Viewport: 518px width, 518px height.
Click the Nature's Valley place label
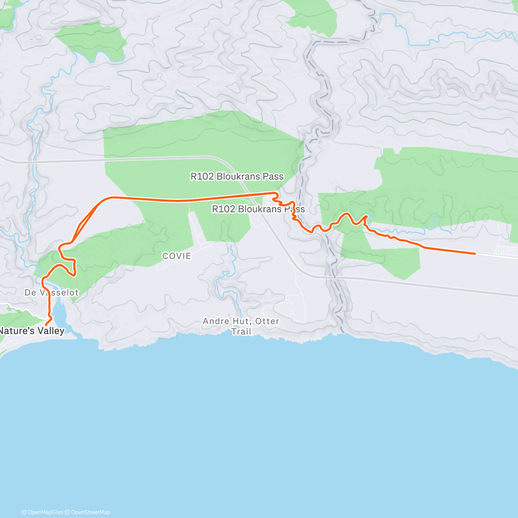pos(32,331)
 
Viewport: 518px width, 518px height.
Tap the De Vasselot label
pos(52,293)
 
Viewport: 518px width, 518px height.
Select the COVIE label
pos(177,256)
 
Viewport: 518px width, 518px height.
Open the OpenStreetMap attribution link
pos(90,512)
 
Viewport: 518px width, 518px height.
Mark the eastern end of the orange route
pos(475,253)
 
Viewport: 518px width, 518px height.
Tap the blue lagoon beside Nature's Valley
pos(60,313)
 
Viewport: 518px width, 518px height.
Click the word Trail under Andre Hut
pos(241,332)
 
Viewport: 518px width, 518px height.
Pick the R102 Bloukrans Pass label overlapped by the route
pos(258,209)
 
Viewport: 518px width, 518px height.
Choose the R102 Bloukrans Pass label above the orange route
pos(237,176)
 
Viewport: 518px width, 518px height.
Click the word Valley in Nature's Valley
pos(50,331)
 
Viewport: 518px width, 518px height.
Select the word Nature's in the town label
pos(16,331)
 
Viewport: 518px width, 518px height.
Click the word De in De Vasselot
pos(30,293)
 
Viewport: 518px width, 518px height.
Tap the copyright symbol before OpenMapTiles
pos(24,512)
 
